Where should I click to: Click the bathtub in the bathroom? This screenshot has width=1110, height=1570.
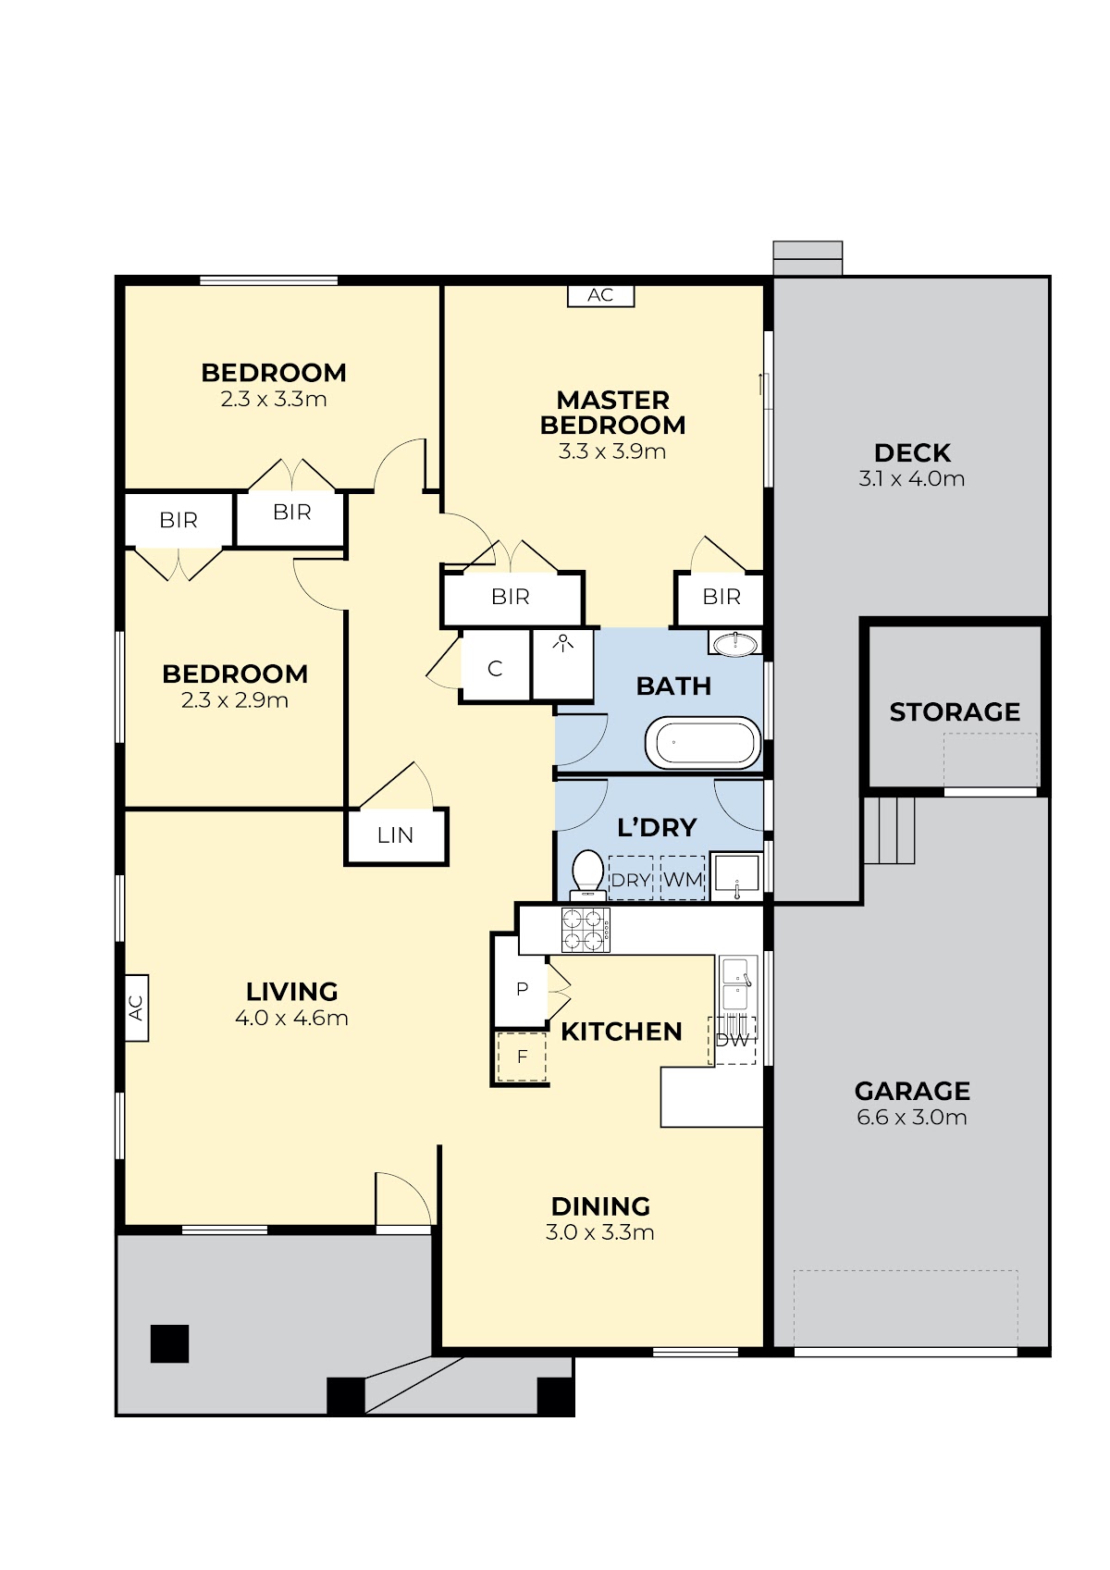tap(702, 742)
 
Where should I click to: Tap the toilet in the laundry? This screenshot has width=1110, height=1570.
tap(588, 874)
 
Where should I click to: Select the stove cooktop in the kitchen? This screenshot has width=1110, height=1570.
tap(586, 930)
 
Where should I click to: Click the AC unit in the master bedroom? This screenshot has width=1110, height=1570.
tap(600, 295)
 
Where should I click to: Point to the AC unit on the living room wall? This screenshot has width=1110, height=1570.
tap(137, 1008)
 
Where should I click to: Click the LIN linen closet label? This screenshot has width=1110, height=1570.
tap(395, 834)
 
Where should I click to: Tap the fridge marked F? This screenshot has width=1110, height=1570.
tap(522, 1057)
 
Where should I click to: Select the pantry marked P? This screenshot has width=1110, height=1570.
tap(522, 990)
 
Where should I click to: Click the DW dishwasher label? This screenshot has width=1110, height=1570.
tap(733, 1041)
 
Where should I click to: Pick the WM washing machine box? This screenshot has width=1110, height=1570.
tap(683, 878)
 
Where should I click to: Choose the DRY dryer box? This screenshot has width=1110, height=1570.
tap(631, 878)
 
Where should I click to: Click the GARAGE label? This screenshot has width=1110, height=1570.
tap(912, 1091)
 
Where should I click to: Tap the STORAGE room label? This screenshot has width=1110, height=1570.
tap(955, 712)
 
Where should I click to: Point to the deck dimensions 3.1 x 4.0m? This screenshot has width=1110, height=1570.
tap(912, 478)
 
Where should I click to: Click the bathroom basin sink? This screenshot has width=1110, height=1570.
tap(734, 643)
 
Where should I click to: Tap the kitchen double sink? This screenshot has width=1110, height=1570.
tap(738, 983)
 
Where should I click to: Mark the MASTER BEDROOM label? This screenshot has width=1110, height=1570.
tap(612, 412)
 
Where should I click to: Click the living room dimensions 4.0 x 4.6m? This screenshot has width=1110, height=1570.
tap(291, 1018)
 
